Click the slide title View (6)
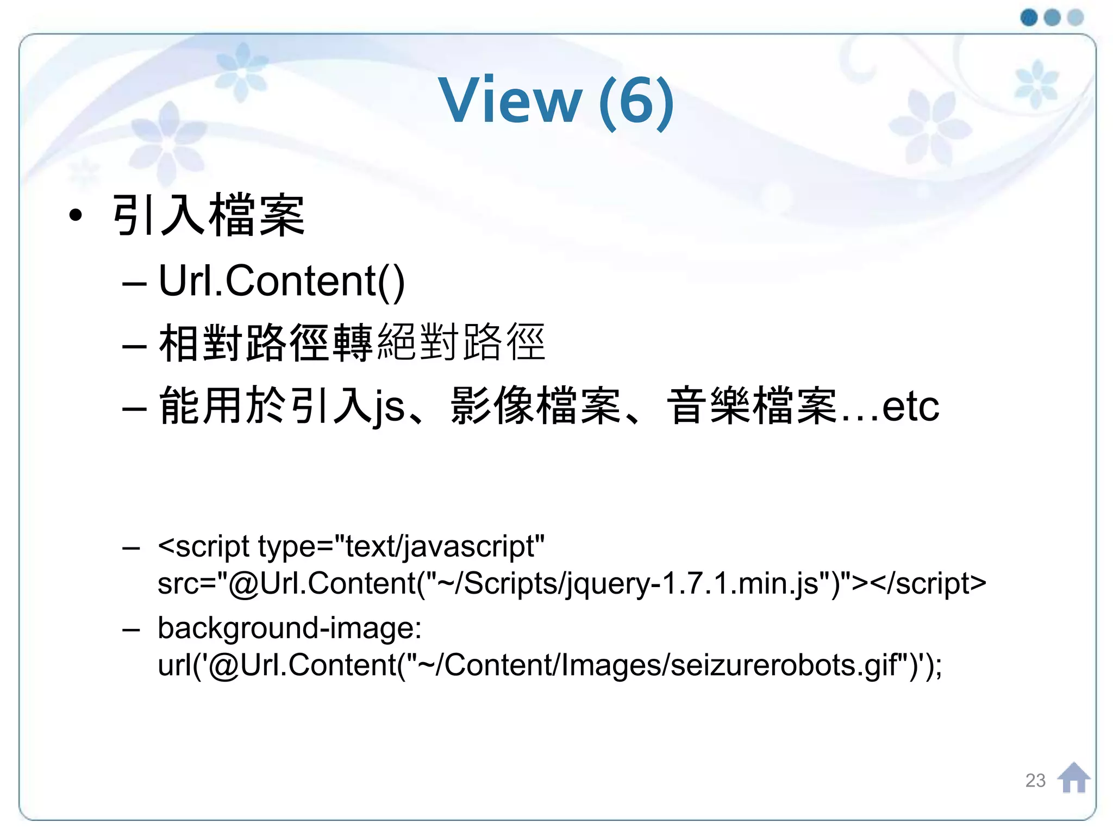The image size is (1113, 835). pyautogui.click(x=556, y=101)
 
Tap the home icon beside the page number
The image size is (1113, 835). pyautogui.click(x=1073, y=778)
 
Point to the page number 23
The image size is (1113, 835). pyautogui.click(x=1035, y=781)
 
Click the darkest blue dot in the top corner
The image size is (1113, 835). pyautogui.click(x=1029, y=17)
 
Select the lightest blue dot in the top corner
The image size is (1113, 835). pyautogui.click(x=1076, y=17)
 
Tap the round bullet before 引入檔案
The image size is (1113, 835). pyautogui.click(x=76, y=215)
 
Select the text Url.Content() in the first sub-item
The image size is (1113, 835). pyautogui.click(x=282, y=281)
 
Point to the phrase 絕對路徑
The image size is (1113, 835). pyautogui.click(x=461, y=342)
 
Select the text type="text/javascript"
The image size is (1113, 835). pyautogui.click(x=401, y=546)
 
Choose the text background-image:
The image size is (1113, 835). pyautogui.click(x=290, y=628)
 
